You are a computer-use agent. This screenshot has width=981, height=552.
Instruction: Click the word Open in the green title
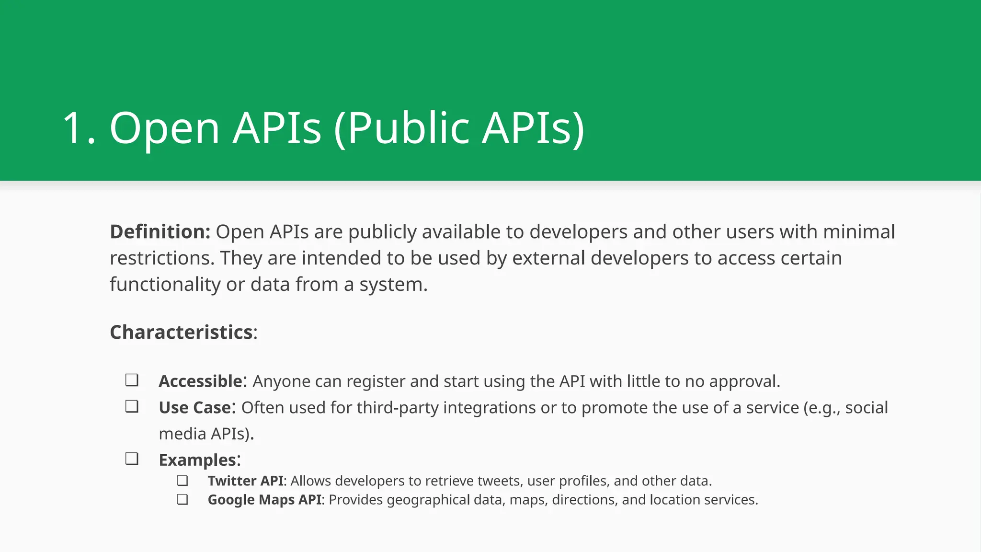click(164, 128)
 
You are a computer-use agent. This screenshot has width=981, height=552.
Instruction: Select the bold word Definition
click(160, 232)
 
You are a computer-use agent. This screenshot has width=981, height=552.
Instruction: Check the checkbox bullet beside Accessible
click(132, 380)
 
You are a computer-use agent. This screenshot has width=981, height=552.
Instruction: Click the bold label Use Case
click(195, 408)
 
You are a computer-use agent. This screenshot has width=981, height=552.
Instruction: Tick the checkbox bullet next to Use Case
click(132, 407)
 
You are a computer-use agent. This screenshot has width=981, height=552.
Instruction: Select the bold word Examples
click(197, 460)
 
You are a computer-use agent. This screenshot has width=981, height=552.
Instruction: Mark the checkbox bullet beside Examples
click(132, 459)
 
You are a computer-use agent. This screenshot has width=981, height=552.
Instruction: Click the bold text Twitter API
click(246, 481)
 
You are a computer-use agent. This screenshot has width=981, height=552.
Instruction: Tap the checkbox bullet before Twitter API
click(182, 481)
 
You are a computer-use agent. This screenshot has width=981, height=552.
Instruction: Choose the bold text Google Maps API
click(264, 500)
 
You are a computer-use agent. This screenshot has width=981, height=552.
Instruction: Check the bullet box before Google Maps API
click(182, 500)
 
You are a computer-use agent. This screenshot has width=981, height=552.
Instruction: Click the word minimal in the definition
click(859, 232)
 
